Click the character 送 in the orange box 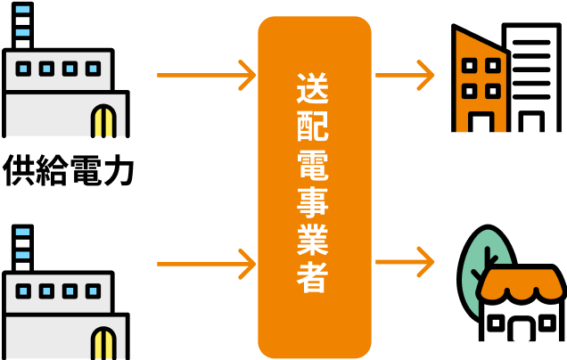[x=313, y=88]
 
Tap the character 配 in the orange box [x=313, y=127]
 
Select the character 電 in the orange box [x=313, y=165]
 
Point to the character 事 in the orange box [x=313, y=202]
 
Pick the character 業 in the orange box [x=313, y=240]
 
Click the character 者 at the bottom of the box [x=313, y=277]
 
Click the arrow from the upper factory [x=206, y=76]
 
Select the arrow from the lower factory [x=206, y=264]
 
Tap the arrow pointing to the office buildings [x=405, y=76]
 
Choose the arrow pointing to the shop [x=405, y=262]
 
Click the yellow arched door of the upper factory [x=103, y=120]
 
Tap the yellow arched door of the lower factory [x=103, y=343]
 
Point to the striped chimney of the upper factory [x=22, y=27]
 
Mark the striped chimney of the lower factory [x=22, y=250]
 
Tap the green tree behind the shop [x=481, y=263]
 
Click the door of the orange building [x=481, y=123]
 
